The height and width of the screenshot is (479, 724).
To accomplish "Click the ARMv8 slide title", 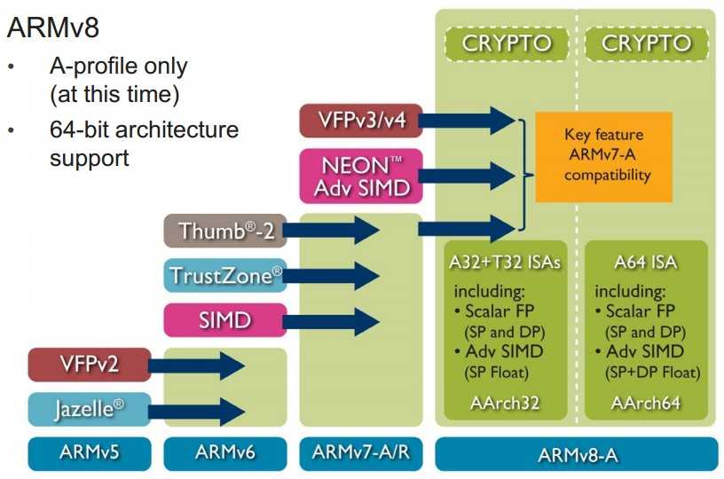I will point(53,27).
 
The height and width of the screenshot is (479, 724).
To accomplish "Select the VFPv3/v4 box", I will point(359,120).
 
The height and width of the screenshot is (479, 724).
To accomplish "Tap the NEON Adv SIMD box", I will point(359,175).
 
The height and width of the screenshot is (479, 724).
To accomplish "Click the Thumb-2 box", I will point(224,231).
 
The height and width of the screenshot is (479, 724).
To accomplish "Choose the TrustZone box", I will point(224,276).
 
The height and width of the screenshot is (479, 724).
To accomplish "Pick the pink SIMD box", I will point(224,319).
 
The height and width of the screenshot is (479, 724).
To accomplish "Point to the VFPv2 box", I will point(89,364).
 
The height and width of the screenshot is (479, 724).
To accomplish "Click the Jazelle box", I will point(89,409).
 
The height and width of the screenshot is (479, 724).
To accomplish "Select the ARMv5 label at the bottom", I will point(89,453).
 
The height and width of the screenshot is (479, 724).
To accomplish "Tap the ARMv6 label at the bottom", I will point(224,453).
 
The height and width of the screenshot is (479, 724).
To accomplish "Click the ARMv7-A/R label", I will point(360,453).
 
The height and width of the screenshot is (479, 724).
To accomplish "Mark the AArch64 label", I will point(646,404).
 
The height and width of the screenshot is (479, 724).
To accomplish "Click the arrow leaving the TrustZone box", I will point(333,276).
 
